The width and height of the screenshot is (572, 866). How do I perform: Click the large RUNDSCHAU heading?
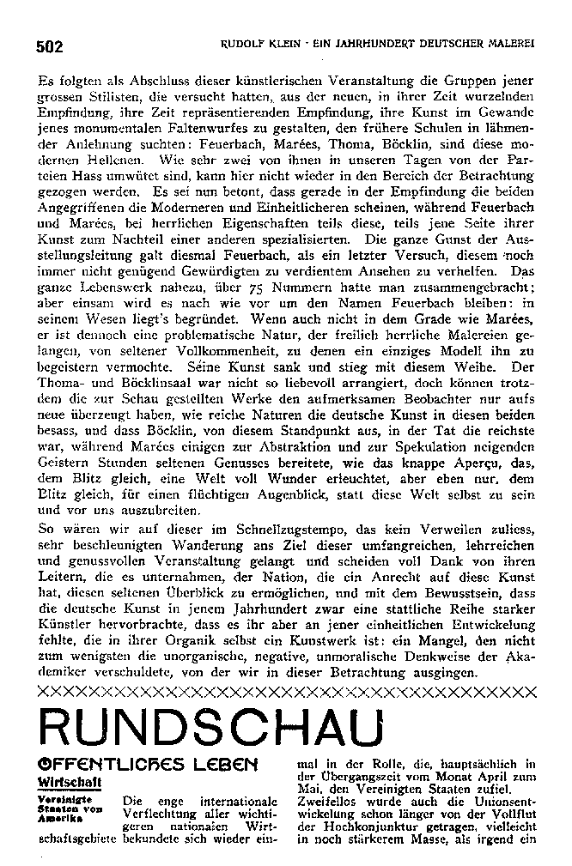(x=210, y=729)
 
